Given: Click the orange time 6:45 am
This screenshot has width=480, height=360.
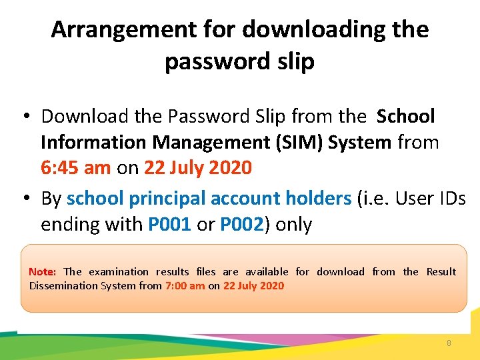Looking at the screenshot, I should pyautogui.click(x=76, y=167).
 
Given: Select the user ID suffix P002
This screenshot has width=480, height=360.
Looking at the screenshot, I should pyautogui.click(x=240, y=224).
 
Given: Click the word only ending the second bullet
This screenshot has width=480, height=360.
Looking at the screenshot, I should pyautogui.click(x=293, y=224).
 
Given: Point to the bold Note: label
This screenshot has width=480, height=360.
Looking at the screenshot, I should pyautogui.click(x=42, y=272).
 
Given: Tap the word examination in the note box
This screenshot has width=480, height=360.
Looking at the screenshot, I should pyautogui.click(x=119, y=272).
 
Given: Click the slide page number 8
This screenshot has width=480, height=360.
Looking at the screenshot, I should pyautogui.click(x=449, y=343).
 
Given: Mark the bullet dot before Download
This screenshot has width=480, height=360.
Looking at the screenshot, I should pyautogui.click(x=23, y=117).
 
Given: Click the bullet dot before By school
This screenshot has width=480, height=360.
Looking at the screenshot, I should pyautogui.click(x=23, y=199).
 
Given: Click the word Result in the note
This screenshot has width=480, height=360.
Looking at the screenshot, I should pyautogui.click(x=441, y=272).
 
